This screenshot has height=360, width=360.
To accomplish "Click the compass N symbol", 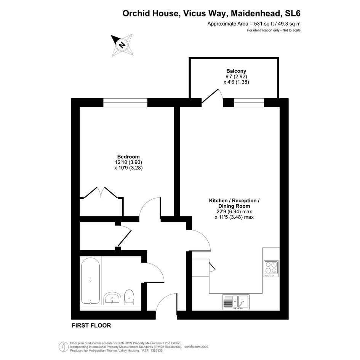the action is (x=122, y=45).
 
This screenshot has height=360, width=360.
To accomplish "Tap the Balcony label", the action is (x=236, y=71).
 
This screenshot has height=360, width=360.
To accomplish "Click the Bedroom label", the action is (x=128, y=157).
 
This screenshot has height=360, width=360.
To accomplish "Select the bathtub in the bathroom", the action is (x=90, y=281).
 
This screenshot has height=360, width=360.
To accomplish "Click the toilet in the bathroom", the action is (x=129, y=297).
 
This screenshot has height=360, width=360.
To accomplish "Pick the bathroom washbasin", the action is (x=112, y=298).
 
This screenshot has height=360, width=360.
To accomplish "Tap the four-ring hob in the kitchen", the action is (x=271, y=269).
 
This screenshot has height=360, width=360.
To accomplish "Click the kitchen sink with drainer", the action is (x=236, y=302).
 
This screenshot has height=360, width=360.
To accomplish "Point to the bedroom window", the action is (x=125, y=102).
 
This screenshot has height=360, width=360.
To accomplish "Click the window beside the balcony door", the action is (x=249, y=102).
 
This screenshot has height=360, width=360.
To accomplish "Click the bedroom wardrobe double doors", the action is (x=101, y=192).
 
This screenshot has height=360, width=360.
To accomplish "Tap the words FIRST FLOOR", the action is (x=91, y=325).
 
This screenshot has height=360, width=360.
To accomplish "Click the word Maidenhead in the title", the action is (x=256, y=13).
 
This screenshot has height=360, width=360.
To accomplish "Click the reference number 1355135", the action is (x=156, y=350).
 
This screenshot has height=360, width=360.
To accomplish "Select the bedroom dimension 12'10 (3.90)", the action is (x=128, y=162).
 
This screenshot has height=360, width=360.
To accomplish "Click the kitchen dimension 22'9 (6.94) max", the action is (x=234, y=211).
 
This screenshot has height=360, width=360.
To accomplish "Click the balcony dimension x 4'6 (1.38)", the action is (x=236, y=82).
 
